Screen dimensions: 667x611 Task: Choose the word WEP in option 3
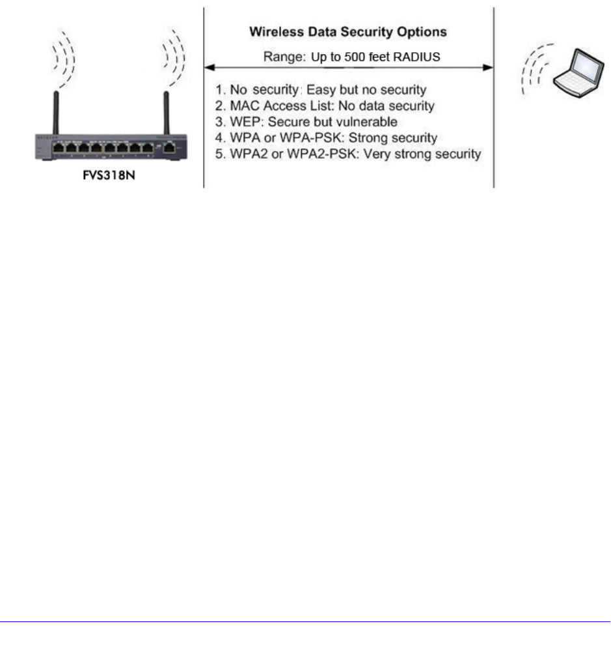click(x=241, y=121)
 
